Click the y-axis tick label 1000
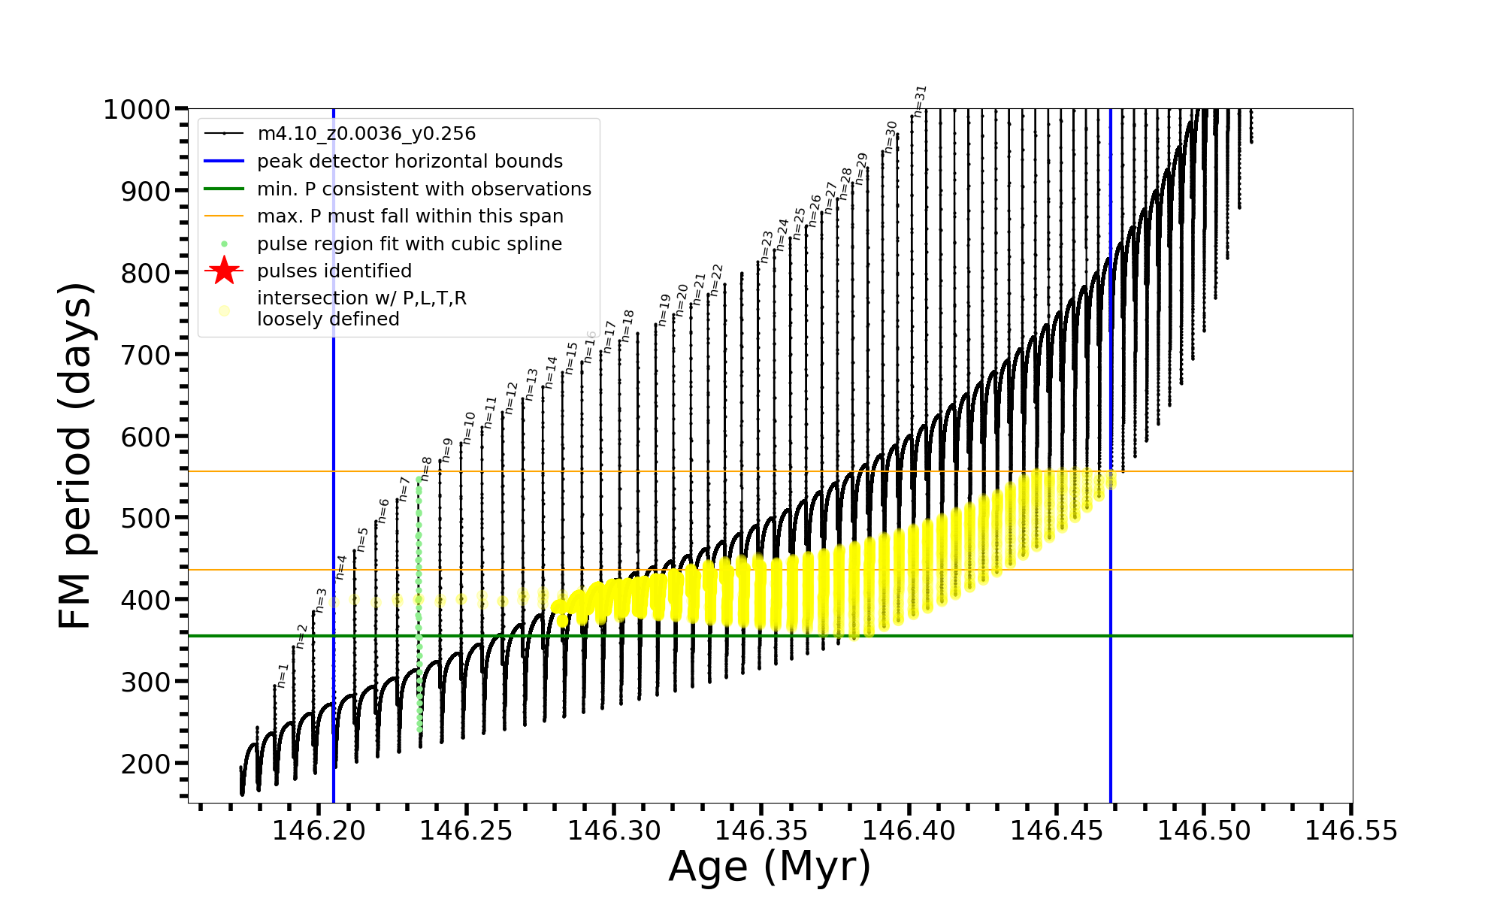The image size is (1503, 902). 137,110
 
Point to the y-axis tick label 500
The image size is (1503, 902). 146,518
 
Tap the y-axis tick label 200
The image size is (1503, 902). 146,763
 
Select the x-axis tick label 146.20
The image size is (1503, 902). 319,831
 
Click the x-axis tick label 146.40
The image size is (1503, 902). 909,831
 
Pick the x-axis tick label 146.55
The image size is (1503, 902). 1350,831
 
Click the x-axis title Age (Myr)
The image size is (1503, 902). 770,867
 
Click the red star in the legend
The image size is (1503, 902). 224,271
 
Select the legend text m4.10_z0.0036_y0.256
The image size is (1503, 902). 366,134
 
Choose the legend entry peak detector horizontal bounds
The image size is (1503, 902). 410,162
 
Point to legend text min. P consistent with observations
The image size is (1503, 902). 424,189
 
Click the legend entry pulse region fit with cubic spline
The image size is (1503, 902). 409,244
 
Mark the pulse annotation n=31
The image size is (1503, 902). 921,101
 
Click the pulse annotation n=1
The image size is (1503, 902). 283,676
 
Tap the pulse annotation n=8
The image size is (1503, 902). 426,468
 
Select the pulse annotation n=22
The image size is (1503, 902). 716,280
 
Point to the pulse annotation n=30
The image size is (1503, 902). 891,137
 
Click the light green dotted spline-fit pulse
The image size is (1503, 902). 419,601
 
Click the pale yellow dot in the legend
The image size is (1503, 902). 224,310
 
